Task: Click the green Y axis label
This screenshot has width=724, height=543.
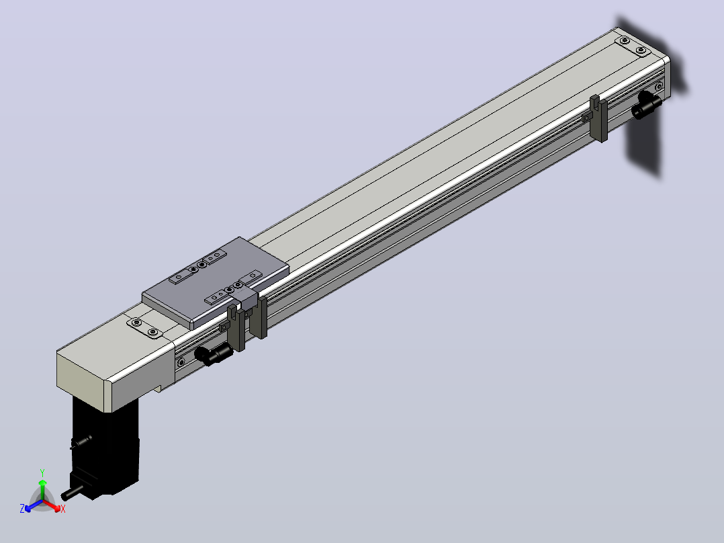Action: tap(42, 472)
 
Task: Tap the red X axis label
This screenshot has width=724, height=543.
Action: tap(63, 509)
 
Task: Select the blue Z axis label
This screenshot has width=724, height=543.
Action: tap(22, 509)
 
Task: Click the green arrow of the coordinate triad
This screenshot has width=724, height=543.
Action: tap(42, 489)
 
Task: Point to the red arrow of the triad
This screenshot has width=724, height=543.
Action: tap(52, 505)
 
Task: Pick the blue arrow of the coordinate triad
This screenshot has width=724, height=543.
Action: tap(34, 505)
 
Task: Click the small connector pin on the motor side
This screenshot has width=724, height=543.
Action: tap(81, 442)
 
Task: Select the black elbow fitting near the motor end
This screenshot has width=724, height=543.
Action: tap(213, 354)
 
